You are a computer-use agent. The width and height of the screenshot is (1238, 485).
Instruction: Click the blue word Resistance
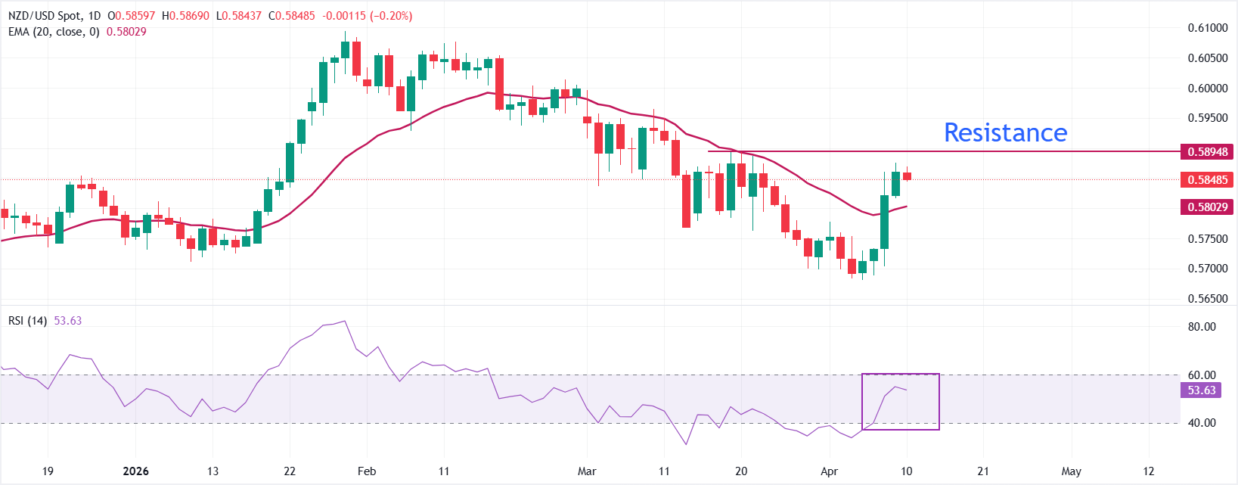1005,132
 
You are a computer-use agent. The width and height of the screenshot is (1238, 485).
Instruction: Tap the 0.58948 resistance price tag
1207,151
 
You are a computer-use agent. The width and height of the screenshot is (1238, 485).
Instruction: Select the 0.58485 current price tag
1207,179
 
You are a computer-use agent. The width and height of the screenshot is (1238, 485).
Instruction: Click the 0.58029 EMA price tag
1207,207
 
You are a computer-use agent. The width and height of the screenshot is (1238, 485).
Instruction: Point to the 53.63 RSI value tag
1202,390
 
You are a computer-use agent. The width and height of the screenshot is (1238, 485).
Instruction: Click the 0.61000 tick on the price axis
1207,28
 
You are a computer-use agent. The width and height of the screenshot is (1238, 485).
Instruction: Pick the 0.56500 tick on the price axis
1207,298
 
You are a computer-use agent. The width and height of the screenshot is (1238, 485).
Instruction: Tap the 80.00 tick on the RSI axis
1202,327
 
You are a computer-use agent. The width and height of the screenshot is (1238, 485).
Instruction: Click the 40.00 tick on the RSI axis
1202,423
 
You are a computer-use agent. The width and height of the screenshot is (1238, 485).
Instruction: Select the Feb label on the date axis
367,471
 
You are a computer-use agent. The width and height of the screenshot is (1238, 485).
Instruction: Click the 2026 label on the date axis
136,471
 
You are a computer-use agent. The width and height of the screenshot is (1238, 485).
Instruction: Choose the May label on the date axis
1071,471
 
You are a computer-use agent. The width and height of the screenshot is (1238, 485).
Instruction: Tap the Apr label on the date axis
829,471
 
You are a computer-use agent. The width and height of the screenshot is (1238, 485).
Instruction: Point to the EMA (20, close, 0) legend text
54,32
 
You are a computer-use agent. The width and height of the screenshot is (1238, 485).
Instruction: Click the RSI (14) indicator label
27,321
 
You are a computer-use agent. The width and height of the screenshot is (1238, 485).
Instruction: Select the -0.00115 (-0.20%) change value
368,16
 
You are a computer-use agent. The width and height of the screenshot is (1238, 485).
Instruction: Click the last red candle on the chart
907,176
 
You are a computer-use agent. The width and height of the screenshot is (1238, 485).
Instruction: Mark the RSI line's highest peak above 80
345,321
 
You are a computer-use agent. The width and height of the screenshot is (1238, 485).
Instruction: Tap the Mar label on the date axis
587,471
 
